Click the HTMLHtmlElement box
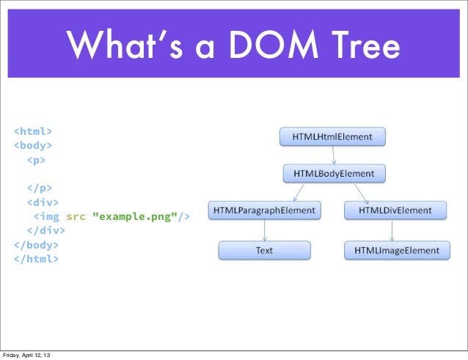point(332,136)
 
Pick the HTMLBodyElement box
point(334,174)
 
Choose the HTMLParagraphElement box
point(264,210)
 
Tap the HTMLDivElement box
point(395,210)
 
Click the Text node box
point(264,251)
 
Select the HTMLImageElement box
point(397,251)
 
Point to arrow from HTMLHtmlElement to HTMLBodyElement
point(334,155)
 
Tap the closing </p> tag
point(40,188)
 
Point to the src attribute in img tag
point(75,216)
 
